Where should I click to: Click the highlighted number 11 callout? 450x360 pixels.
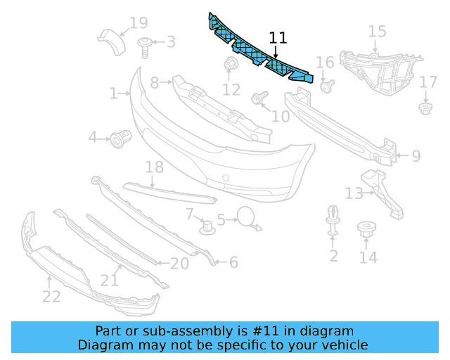tap(278, 39)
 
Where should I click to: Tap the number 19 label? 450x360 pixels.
tap(138, 23)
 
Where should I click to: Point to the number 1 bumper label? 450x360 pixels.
tap(113, 92)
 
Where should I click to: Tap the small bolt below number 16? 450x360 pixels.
tap(327, 86)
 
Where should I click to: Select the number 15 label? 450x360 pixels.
tap(377, 32)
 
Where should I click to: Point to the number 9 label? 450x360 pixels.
tap(416, 155)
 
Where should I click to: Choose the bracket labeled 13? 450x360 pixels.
tap(383, 191)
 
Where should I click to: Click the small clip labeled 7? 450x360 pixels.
tap(207, 226)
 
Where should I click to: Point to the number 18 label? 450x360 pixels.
tap(154, 167)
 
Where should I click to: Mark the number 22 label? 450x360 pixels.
tap(51, 297)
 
